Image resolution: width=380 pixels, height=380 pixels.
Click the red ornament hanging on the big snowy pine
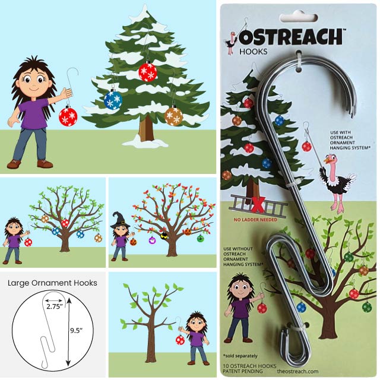[148, 72]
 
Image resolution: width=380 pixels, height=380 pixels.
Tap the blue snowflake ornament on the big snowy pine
[113, 100]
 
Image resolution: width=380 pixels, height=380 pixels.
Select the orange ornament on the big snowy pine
[173, 115]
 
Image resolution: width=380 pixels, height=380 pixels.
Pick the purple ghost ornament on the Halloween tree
[152, 240]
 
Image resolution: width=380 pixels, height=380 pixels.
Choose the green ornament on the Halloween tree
[200, 238]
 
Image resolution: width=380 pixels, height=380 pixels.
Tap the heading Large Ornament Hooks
[52, 283]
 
